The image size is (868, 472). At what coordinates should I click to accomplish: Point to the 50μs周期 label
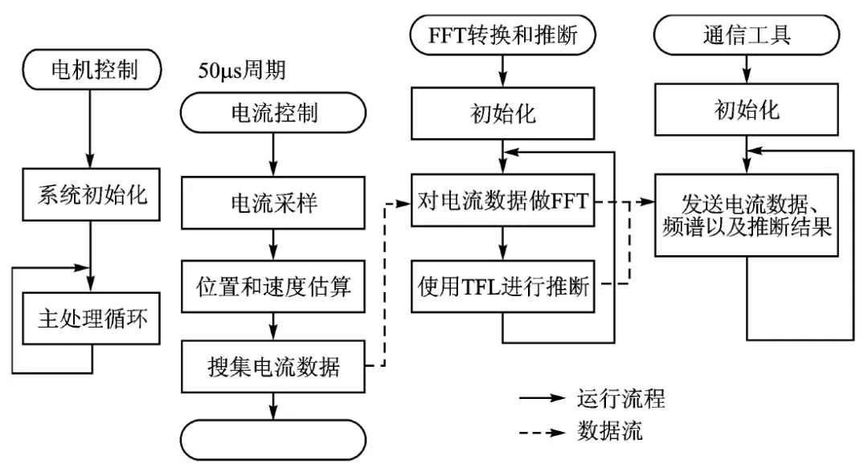242,71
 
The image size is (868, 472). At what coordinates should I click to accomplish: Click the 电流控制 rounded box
274,112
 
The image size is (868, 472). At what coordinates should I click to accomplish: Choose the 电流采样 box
274,204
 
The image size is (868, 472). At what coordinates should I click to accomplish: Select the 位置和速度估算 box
274,286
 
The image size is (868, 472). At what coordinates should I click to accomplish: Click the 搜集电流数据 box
274,367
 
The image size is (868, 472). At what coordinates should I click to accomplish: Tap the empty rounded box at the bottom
274,438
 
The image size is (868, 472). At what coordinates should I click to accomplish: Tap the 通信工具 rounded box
747,35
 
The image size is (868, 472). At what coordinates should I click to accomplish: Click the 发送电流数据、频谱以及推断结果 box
747,214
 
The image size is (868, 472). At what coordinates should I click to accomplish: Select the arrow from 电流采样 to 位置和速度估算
274,243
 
